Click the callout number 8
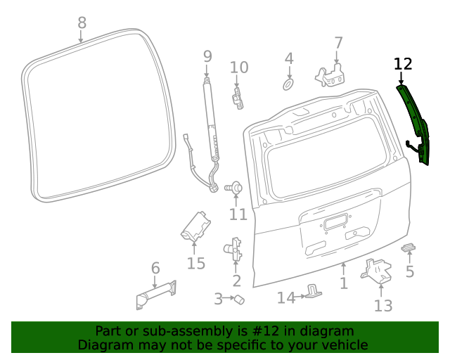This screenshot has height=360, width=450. (x=82, y=22)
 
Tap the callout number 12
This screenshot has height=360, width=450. (x=402, y=65)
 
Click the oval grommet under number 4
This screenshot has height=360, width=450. (x=288, y=84)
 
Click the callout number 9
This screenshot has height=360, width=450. (x=207, y=56)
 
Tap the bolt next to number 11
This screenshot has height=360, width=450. (x=236, y=188)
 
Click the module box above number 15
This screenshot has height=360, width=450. (x=195, y=226)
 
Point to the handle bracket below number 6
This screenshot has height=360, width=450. (x=155, y=293)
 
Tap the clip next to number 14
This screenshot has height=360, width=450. (x=313, y=292)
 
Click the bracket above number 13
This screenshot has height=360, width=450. (x=378, y=270)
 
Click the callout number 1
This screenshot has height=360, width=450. (x=344, y=284)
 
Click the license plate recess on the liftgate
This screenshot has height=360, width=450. (x=335, y=224)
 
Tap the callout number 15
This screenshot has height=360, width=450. (x=195, y=264)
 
